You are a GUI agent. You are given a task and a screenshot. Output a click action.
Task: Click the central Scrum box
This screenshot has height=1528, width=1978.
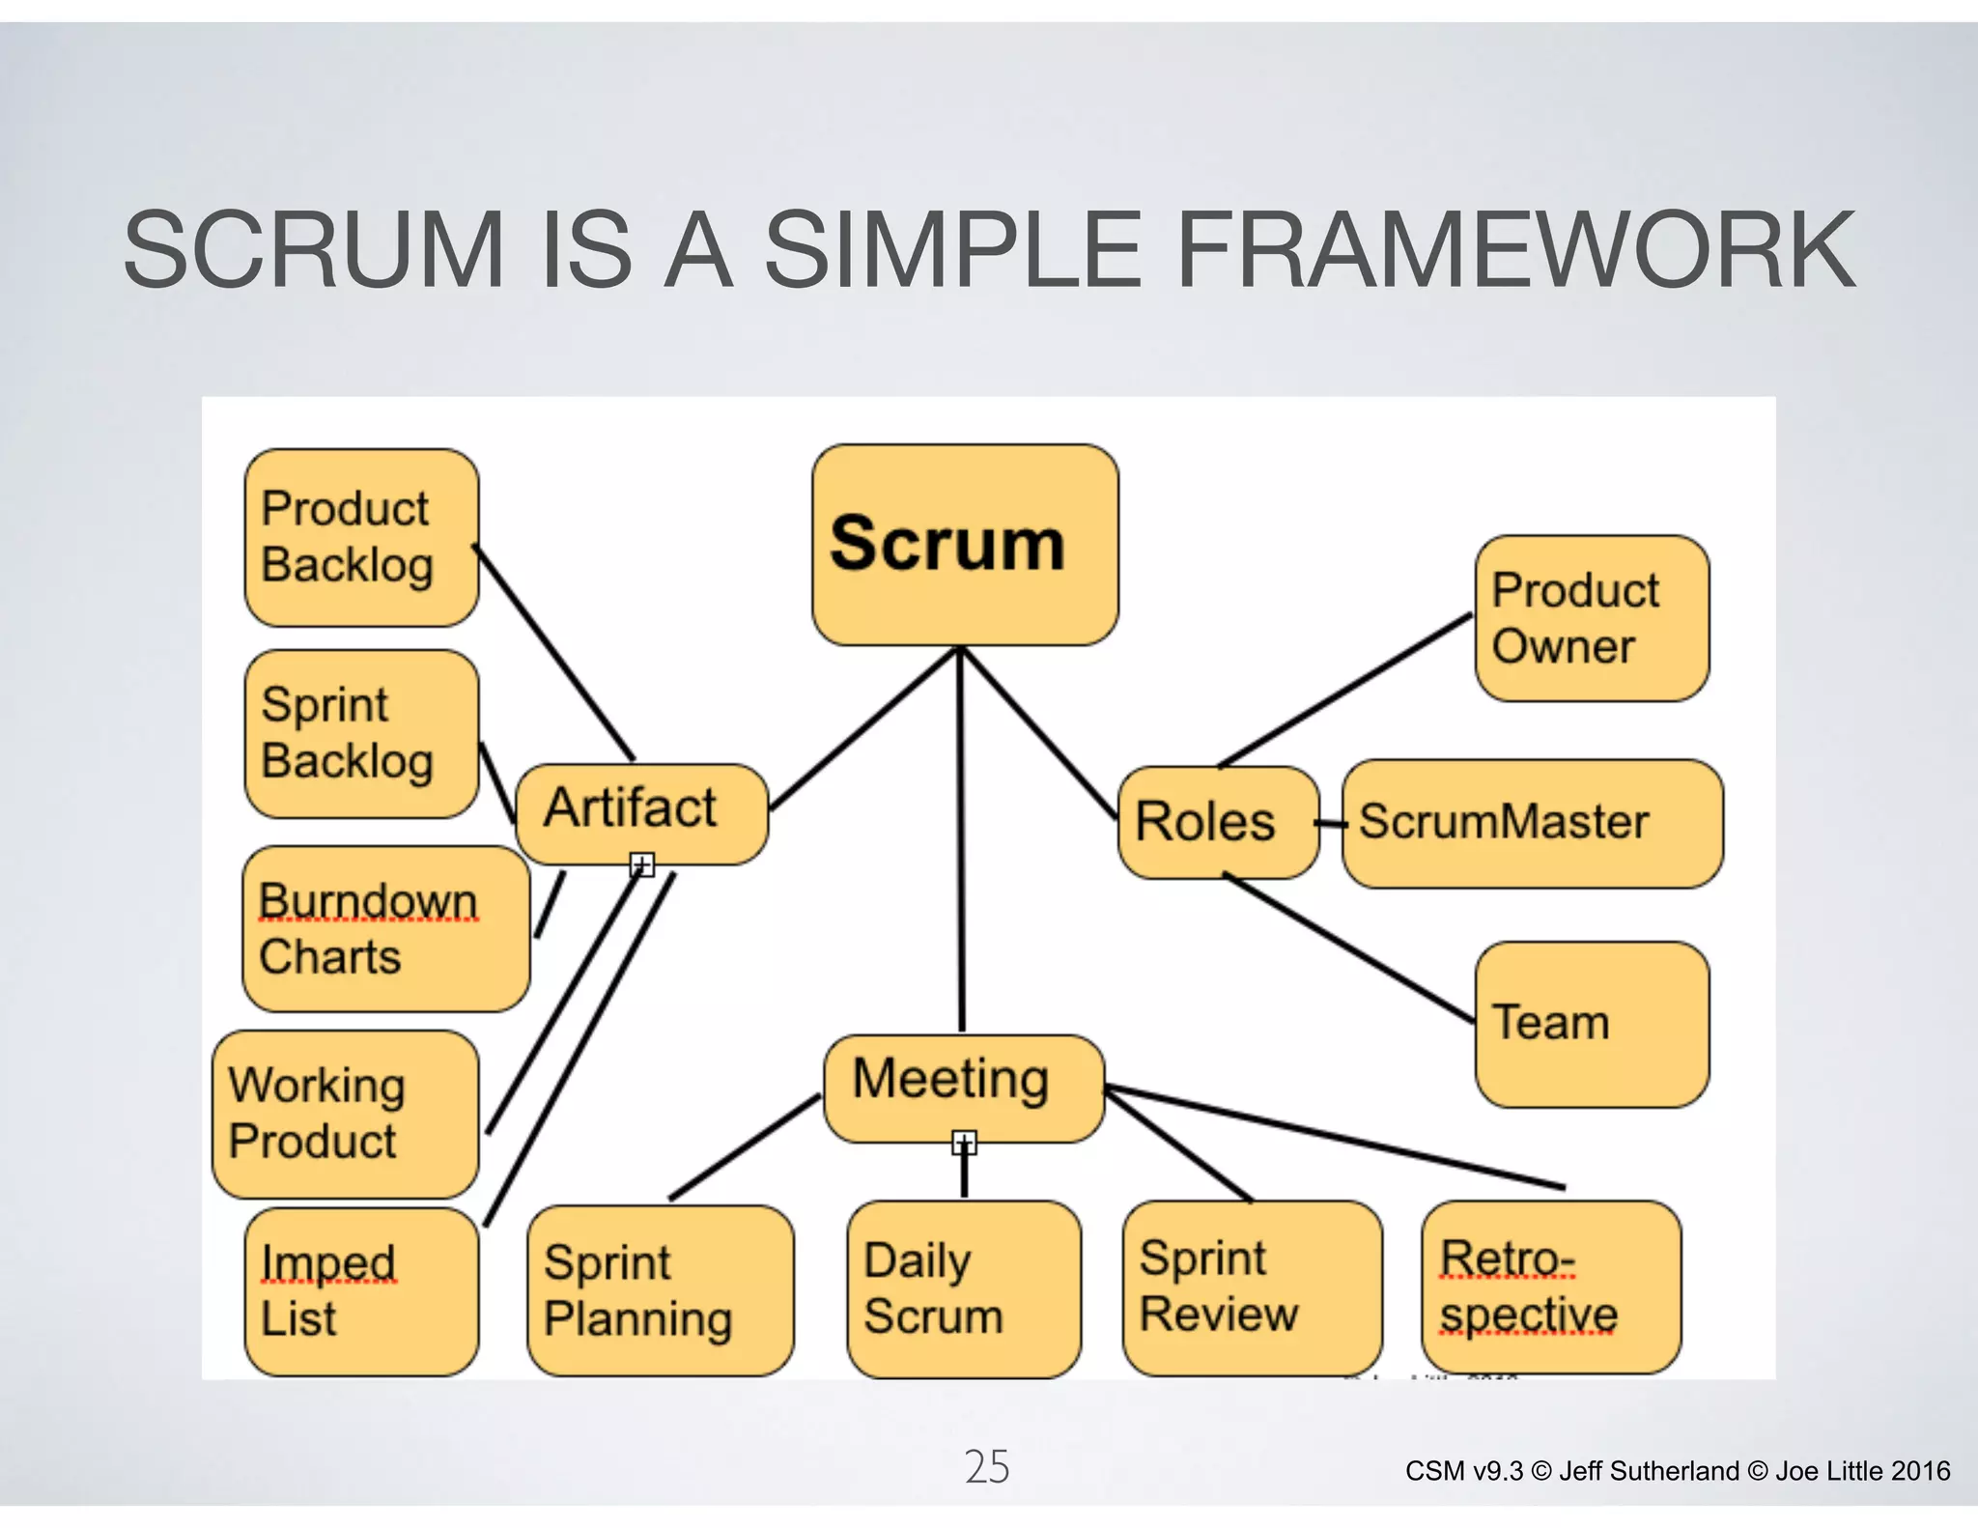click(965, 545)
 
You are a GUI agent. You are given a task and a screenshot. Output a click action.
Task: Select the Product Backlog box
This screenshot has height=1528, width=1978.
click(361, 538)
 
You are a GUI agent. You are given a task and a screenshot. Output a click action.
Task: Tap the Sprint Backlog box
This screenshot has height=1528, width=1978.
click(361, 734)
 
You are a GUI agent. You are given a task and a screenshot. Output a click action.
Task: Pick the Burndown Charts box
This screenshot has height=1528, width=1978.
click(384, 929)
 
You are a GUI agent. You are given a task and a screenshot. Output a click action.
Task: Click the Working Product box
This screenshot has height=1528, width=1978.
click(345, 1114)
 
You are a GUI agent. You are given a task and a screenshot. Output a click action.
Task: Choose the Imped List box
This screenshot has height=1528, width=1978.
click(361, 1291)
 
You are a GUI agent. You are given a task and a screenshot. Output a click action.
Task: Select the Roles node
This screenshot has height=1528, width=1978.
click(1217, 822)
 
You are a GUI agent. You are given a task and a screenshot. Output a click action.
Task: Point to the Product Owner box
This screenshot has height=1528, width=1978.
click(1592, 618)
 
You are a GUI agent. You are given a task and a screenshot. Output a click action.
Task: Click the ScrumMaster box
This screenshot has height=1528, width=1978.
click(1532, 823)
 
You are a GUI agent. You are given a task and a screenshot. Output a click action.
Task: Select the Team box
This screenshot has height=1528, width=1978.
click(1592, 1024)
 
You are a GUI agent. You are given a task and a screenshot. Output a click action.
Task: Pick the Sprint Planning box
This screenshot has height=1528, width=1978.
click(660, 1290)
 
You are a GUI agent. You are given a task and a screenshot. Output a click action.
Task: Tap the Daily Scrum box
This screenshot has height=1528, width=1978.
click(963, 1288)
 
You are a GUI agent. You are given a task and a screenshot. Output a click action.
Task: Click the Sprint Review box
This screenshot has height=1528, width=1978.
click(1252, 1287)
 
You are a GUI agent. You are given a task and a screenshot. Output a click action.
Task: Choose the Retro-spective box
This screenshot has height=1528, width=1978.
click(1550, 1287)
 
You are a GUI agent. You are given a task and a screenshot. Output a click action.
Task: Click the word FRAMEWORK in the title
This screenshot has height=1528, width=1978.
click(1516, 250)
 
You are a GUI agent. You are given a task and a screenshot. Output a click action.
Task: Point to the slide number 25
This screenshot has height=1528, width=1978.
click(986, 1466)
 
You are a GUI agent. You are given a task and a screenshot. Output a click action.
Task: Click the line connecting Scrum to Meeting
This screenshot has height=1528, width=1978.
click(961, 840)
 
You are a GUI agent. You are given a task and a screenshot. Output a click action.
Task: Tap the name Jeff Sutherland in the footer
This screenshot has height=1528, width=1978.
click(1648, 1471)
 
